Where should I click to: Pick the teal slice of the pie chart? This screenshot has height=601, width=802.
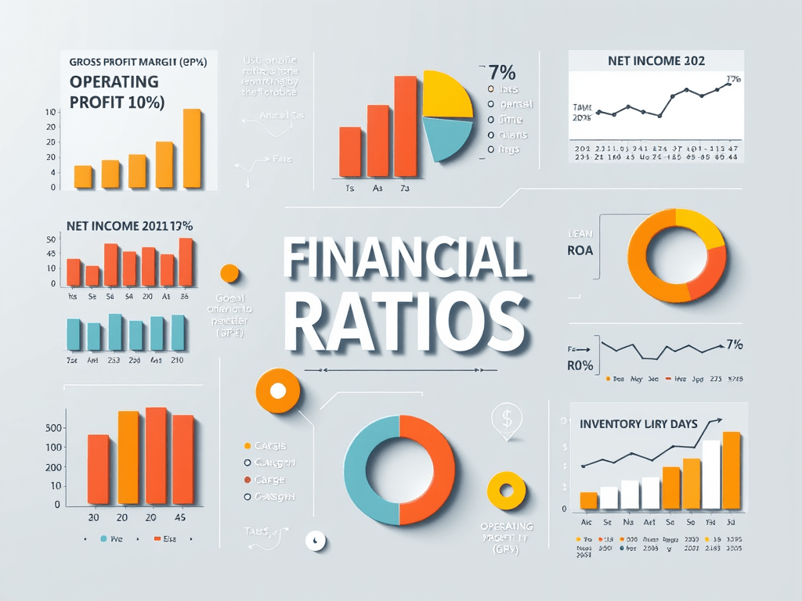coord(447,139)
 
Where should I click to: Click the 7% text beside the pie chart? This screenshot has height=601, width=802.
coord(501,73)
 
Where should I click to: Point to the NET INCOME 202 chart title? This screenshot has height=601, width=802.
coord(656,60)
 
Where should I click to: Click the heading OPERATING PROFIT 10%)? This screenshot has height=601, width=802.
coord(117,92)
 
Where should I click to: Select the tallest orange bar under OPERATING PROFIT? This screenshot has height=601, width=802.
coord(192,149)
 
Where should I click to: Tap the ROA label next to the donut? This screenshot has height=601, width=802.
coord(580,251)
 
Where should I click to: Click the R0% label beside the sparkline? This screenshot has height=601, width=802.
coord(580,365)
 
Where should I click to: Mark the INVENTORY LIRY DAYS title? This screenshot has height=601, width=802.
coord(638,423)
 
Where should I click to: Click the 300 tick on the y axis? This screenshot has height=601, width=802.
coord(53,428)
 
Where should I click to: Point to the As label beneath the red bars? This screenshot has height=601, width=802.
coord(377,189)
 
